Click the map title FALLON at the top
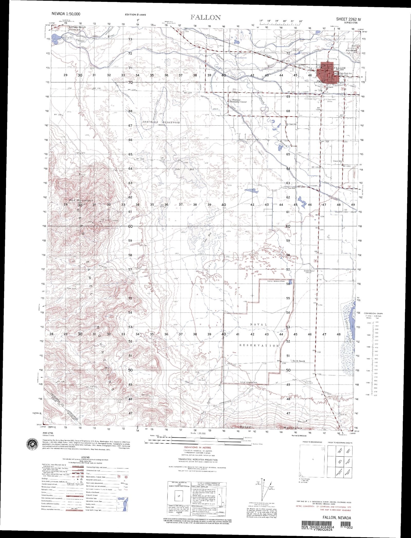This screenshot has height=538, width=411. [206, 17]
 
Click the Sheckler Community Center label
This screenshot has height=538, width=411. [239, 101]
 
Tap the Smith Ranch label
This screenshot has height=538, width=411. [298, 361]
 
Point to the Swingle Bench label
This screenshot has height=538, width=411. [77, 27]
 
